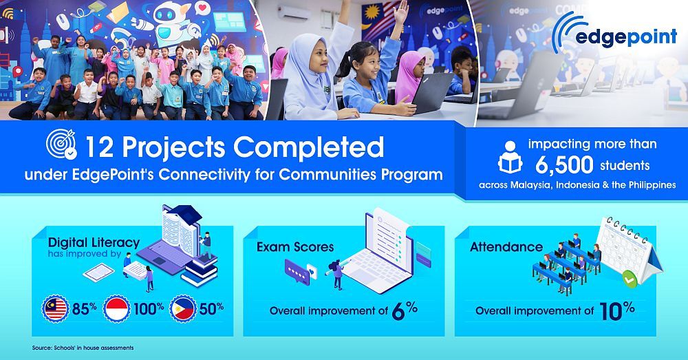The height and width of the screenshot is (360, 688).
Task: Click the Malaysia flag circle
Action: pyautogui.click(x=55, y=308)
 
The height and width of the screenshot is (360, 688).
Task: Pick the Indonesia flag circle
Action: pyautogui.click(x=116, y=308)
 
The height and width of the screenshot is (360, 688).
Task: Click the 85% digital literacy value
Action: pyautogui.click(x=85, y=308)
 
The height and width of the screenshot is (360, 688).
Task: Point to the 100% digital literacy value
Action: pyautogui.click(x=148, y=308)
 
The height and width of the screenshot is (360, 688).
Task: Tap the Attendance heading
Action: pyautogui.click(x=506, y=246)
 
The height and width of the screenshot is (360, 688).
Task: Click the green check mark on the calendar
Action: pyautogui.click(x=627, y=279)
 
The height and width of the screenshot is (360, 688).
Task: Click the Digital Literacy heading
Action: pyautogui.click(x=94, y=242)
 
